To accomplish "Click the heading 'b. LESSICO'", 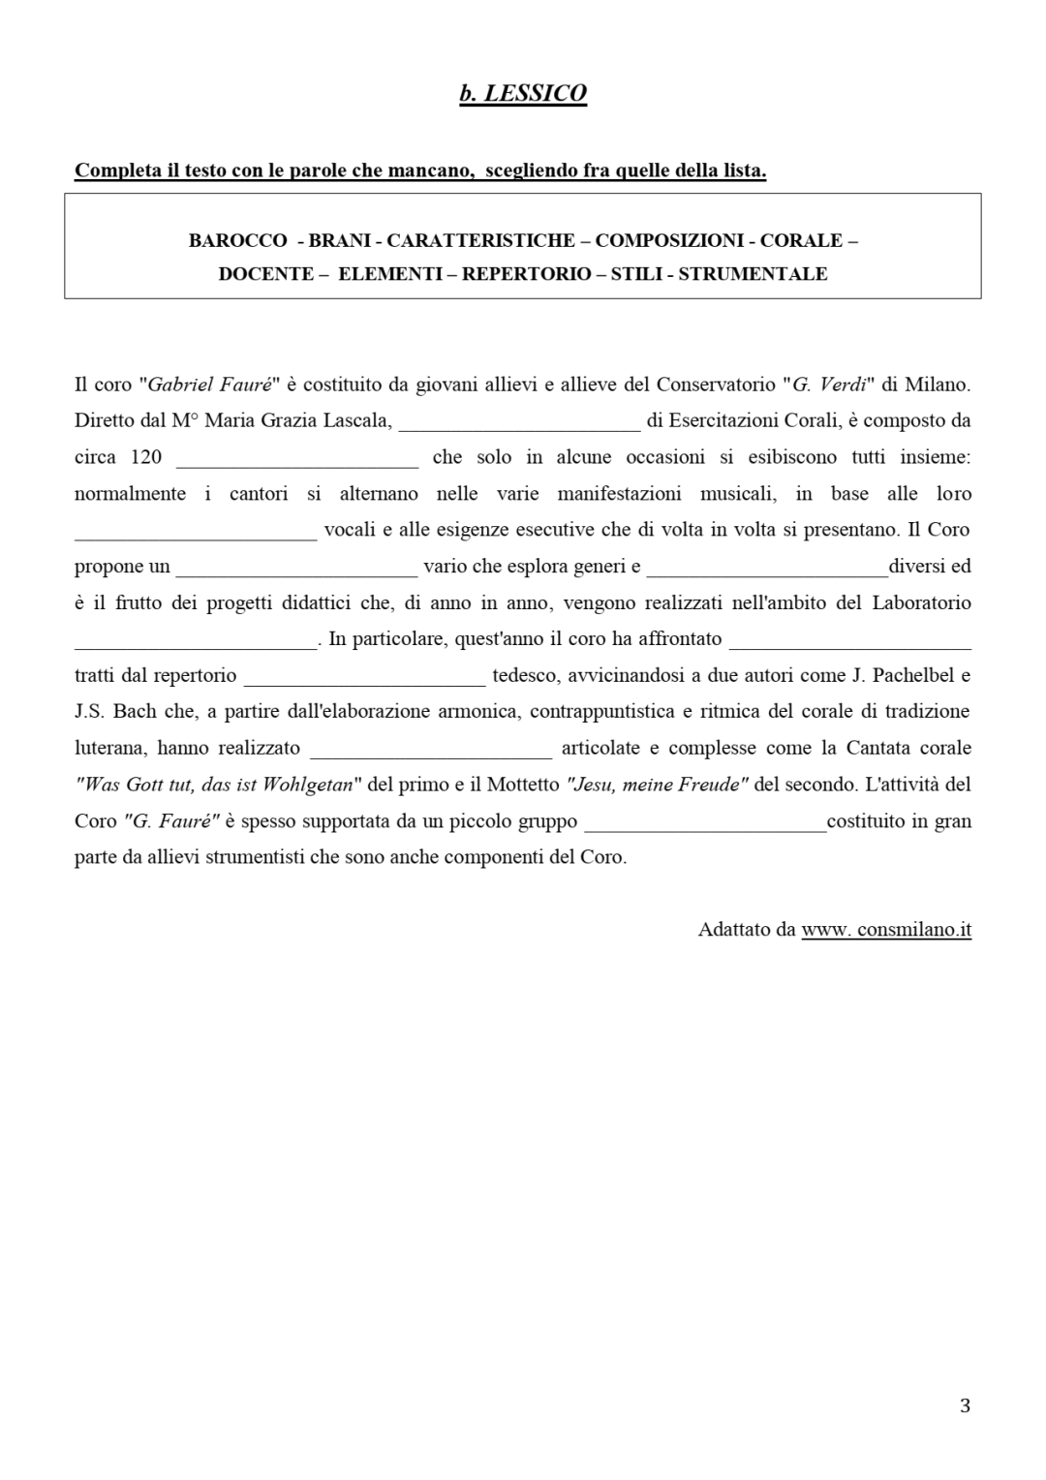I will pyautogui.click(x=523, y=93).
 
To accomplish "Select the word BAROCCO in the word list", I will pyautogui.click(x=237, y=240).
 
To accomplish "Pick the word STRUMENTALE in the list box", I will pyautogui.click(x=753, y=274).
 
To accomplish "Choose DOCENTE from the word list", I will pyautogui.click(x=266, y=274).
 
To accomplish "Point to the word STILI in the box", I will pyautogui.click(x=636, y=274).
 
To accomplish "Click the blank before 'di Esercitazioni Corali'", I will pyautogui.click(x=519, y=422).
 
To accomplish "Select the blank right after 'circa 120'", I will pyautogui.click(x=297, y=458).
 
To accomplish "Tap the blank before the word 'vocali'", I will pyautogui.click(x=196, y=531).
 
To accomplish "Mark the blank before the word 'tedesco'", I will pyautogui.click(x=364, y=676).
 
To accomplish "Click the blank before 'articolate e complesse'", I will pyautogui.click(x=431, y=749).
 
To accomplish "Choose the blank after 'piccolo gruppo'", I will pyautogui.click(x=706, y=821).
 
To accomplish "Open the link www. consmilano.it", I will pyautogui.click(x=886, y=930).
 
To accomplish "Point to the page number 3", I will pyautogui.click(x=965, y=1405).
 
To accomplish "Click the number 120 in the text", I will pyautogui.click(x=146, y=457).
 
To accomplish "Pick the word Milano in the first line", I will pyautogui.click(x=938, y=385).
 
